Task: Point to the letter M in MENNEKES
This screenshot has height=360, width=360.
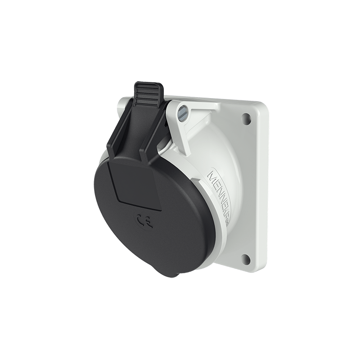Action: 211,174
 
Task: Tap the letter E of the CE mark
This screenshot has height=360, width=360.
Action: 148,221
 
